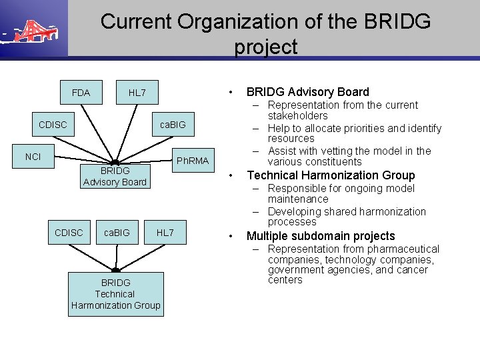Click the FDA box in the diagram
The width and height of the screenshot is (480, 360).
(x=81, y=93)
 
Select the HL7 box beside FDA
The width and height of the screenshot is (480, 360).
(x=137, y=93)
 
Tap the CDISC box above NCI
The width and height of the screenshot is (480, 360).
(x=52, y=125)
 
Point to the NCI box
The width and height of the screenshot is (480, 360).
(x=33, y=157)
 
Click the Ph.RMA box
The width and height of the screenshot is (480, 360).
(x=192, y=161)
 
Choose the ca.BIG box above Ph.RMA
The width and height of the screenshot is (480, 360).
(x=173, y=125)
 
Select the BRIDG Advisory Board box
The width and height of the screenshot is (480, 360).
(x=115, y=177)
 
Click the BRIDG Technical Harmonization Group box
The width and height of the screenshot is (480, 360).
(x=115, y=294)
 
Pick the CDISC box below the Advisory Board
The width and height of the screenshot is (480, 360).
(x=69, y=233)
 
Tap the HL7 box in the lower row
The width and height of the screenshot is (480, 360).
(x=165, y=233)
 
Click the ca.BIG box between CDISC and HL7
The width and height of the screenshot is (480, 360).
(x=117, y=233)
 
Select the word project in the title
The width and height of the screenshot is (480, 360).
(x=265, y=47)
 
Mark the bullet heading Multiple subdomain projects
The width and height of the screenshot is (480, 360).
(x=321, y=236)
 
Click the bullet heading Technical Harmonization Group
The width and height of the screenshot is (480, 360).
(x=331, y=175)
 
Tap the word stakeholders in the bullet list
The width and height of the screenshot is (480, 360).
(x=297, y=115)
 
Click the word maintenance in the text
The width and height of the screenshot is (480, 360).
(x=298, y=199)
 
